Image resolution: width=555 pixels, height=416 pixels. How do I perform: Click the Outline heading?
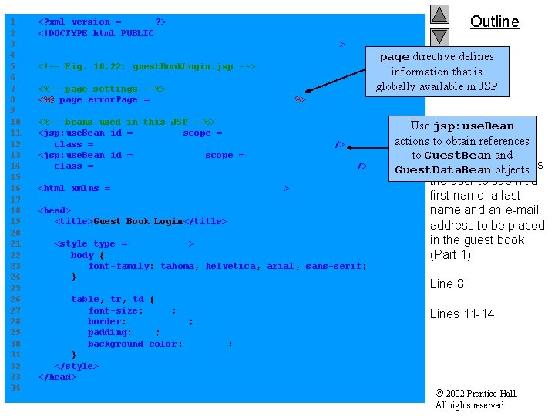point(494,22)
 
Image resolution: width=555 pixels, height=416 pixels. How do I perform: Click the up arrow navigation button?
point(439,14)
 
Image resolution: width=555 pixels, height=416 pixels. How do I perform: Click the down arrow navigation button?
point(439,36)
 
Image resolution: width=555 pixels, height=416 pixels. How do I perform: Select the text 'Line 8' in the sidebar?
point(446,283)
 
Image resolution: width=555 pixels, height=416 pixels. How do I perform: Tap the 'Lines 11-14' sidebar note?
point(462,314)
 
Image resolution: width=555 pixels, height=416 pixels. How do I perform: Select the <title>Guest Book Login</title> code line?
point(141,221)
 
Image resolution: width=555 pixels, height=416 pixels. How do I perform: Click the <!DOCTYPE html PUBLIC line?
point(96,33)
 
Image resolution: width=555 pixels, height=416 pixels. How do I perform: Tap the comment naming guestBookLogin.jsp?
point(146,66)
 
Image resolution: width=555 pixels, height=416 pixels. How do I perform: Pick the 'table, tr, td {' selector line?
point(113,299)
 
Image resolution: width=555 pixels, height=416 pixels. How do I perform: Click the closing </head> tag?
point(57,377)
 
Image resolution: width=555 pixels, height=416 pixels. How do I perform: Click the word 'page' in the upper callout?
point(394,56)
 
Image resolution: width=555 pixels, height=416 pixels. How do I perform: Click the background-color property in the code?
point(135,344)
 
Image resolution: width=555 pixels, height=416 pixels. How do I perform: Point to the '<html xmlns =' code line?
point(74,188)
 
